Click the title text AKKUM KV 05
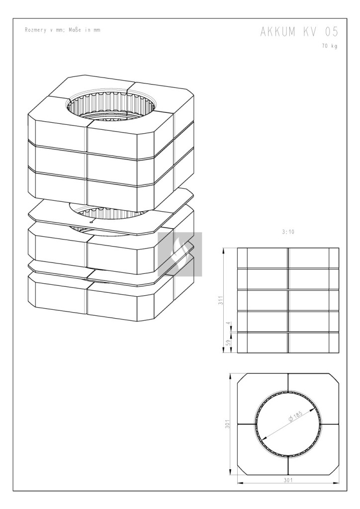[299, 32]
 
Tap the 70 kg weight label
[330, 46]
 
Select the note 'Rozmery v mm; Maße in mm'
[63, 30]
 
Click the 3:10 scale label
[288, 232]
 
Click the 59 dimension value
[228, 343]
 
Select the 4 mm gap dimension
[228, 323]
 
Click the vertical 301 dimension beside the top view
[228, 424]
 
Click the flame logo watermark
[180, 254]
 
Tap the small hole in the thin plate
[91, 222]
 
